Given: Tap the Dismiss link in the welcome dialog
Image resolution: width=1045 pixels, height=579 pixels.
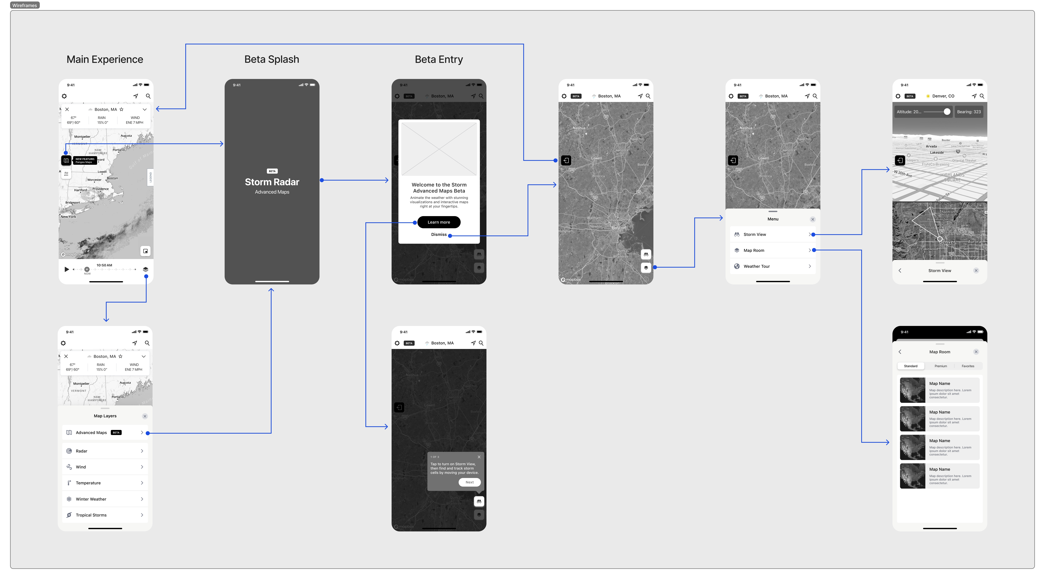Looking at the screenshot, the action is pyautogui.click(x=439, y=234).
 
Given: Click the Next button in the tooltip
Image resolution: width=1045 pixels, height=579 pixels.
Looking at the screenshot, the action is pyautogui.click(x=469, y=482).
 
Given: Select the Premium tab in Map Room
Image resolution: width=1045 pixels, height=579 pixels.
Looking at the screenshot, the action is pyautogui.click(x=940, y=366).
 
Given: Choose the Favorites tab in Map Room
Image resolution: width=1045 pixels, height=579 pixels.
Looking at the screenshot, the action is pyautogui.click(x=967, y=366).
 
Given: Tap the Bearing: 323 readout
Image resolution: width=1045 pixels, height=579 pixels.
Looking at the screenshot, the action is pyautogui.click(x=969, y=112).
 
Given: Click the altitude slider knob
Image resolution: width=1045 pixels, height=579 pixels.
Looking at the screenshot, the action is pyautogui.click(x=947, y=112).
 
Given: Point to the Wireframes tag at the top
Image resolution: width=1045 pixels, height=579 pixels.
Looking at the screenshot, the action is pyautogui.click(x=25, y=5).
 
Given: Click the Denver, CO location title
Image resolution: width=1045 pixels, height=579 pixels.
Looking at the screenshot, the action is pyautogui.click(x=943, y=96).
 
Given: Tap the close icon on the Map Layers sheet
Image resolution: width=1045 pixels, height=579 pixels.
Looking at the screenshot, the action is pyautogui.click(x=145, y=416).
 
